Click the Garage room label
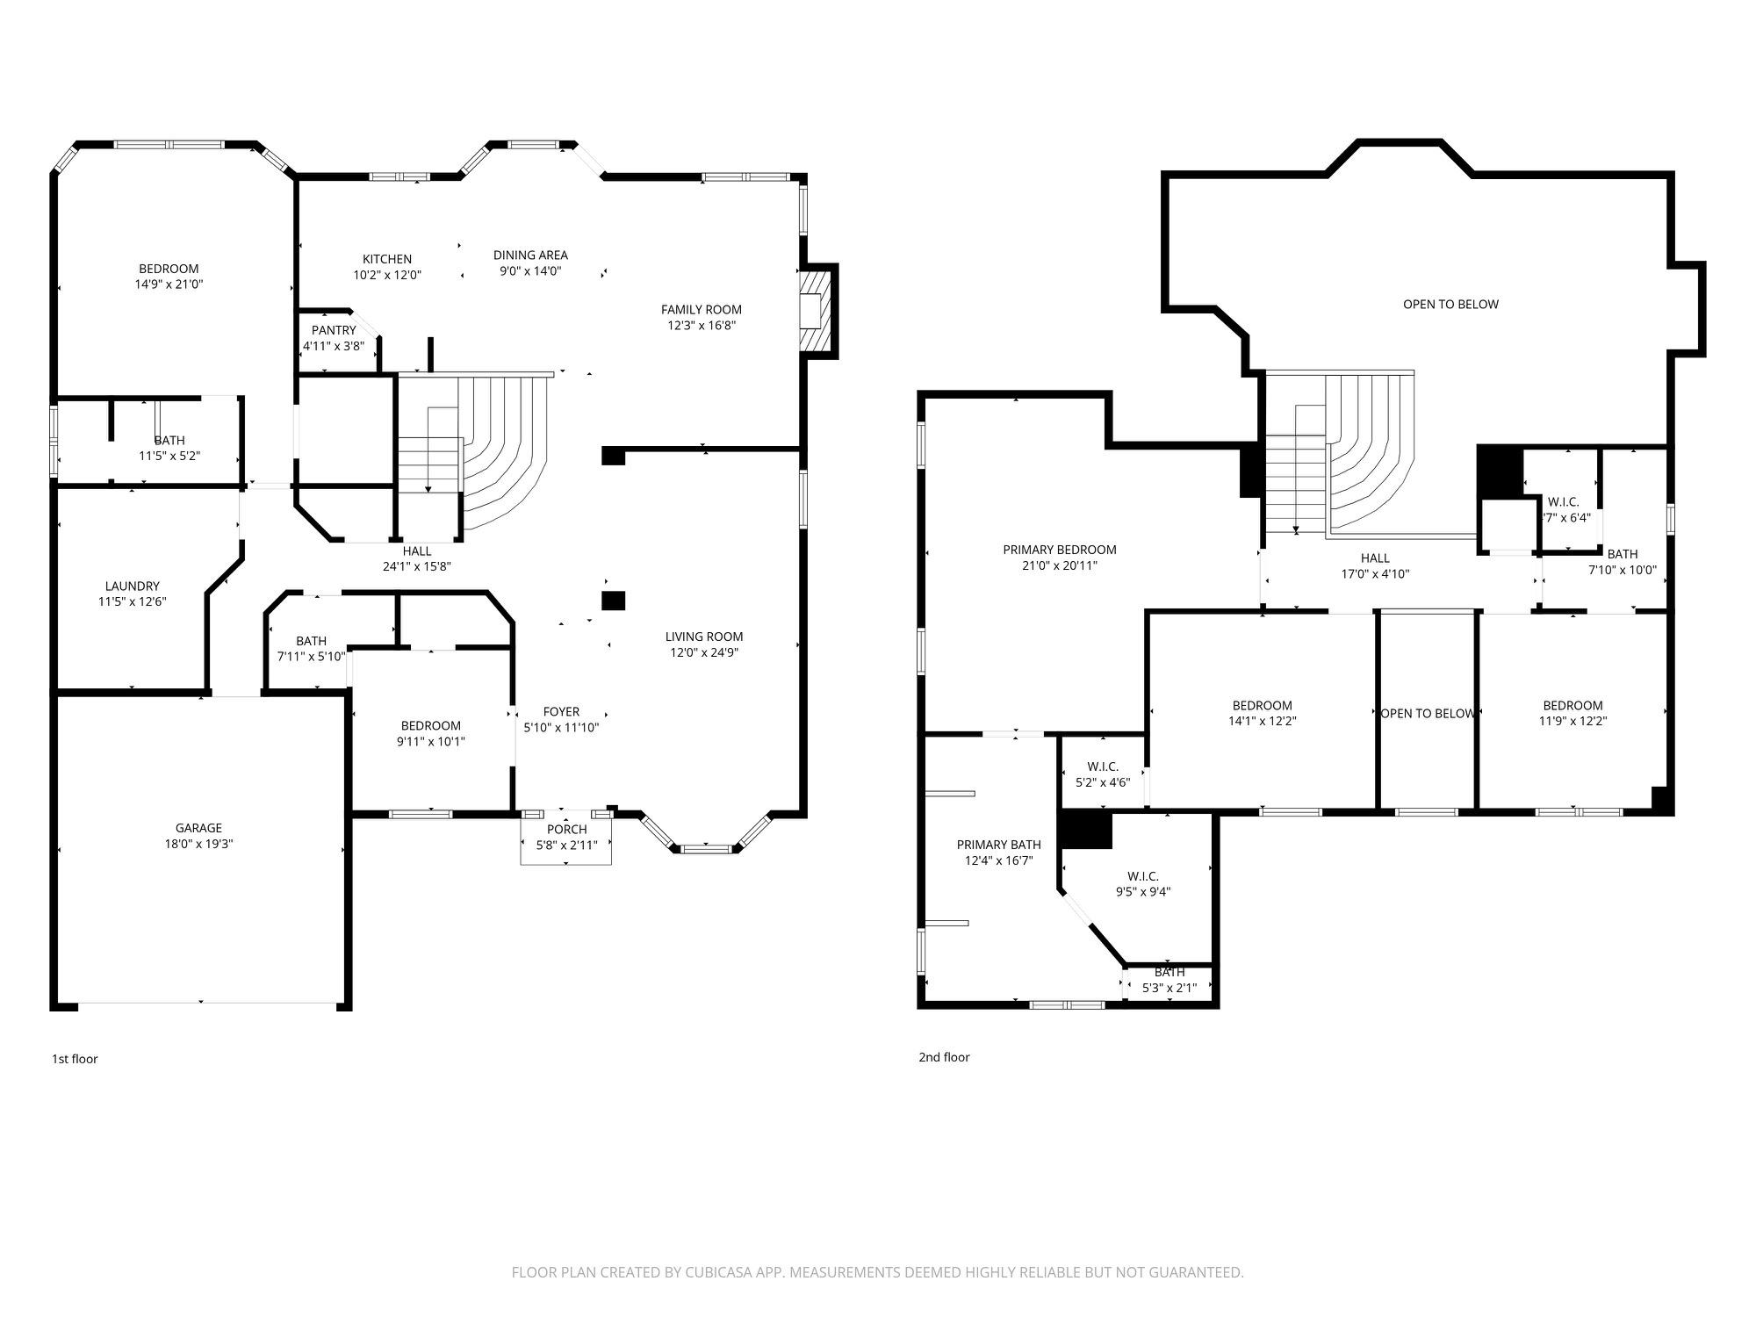coord(198,828)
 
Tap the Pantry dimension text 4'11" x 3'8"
coord(334,346)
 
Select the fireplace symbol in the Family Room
coord(816,311)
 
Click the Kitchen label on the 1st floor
coord(387,259)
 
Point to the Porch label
coord(566,830)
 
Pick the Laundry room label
coord(133,586)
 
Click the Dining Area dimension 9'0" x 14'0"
coord(530,271)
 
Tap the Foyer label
coord(561,711)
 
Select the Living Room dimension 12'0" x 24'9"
coord(703,652)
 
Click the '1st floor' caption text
coord(75,1059)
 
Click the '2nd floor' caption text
coord(944,1057)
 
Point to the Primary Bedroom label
coord(1060,550)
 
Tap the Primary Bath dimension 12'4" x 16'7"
coord(998,861)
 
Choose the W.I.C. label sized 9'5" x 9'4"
coord(1143,876)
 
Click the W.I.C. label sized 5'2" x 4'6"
coord(1103,766)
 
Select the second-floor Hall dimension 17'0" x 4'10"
coord(1375,574)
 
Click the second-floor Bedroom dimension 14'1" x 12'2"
coord(1262,721)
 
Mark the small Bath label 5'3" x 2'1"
coord(1169,972)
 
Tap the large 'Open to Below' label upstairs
coord(1450,305)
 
